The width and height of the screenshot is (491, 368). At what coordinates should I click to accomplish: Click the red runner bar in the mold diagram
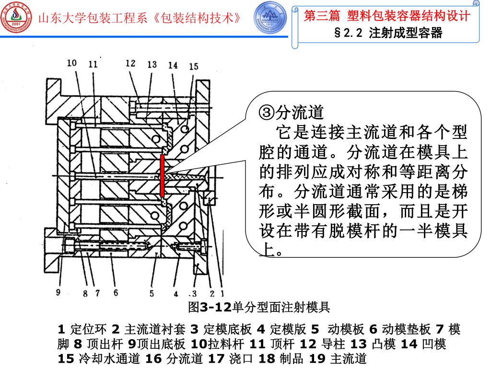point(163,176)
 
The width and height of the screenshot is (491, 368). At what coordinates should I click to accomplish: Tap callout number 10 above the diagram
point(72,63)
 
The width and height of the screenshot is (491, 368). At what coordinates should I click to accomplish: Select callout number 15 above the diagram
point(193,67)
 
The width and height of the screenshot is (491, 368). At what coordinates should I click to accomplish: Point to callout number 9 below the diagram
point(58,292)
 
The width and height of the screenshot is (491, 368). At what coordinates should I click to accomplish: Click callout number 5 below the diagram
point(151,293)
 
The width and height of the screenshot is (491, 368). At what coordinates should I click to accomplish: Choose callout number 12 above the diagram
point(130,63)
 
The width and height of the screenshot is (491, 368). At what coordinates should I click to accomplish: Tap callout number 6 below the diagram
point(116,293)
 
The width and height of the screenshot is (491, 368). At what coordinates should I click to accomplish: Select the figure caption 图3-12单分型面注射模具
point(259,306)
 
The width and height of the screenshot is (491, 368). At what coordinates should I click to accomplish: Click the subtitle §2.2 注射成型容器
point(387,34)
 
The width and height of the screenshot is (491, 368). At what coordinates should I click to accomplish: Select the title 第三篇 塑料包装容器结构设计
point(387,16)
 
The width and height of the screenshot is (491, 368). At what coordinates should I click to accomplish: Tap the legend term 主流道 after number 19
point(349,359)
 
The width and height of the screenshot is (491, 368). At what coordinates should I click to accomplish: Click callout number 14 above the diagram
point(173,65)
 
